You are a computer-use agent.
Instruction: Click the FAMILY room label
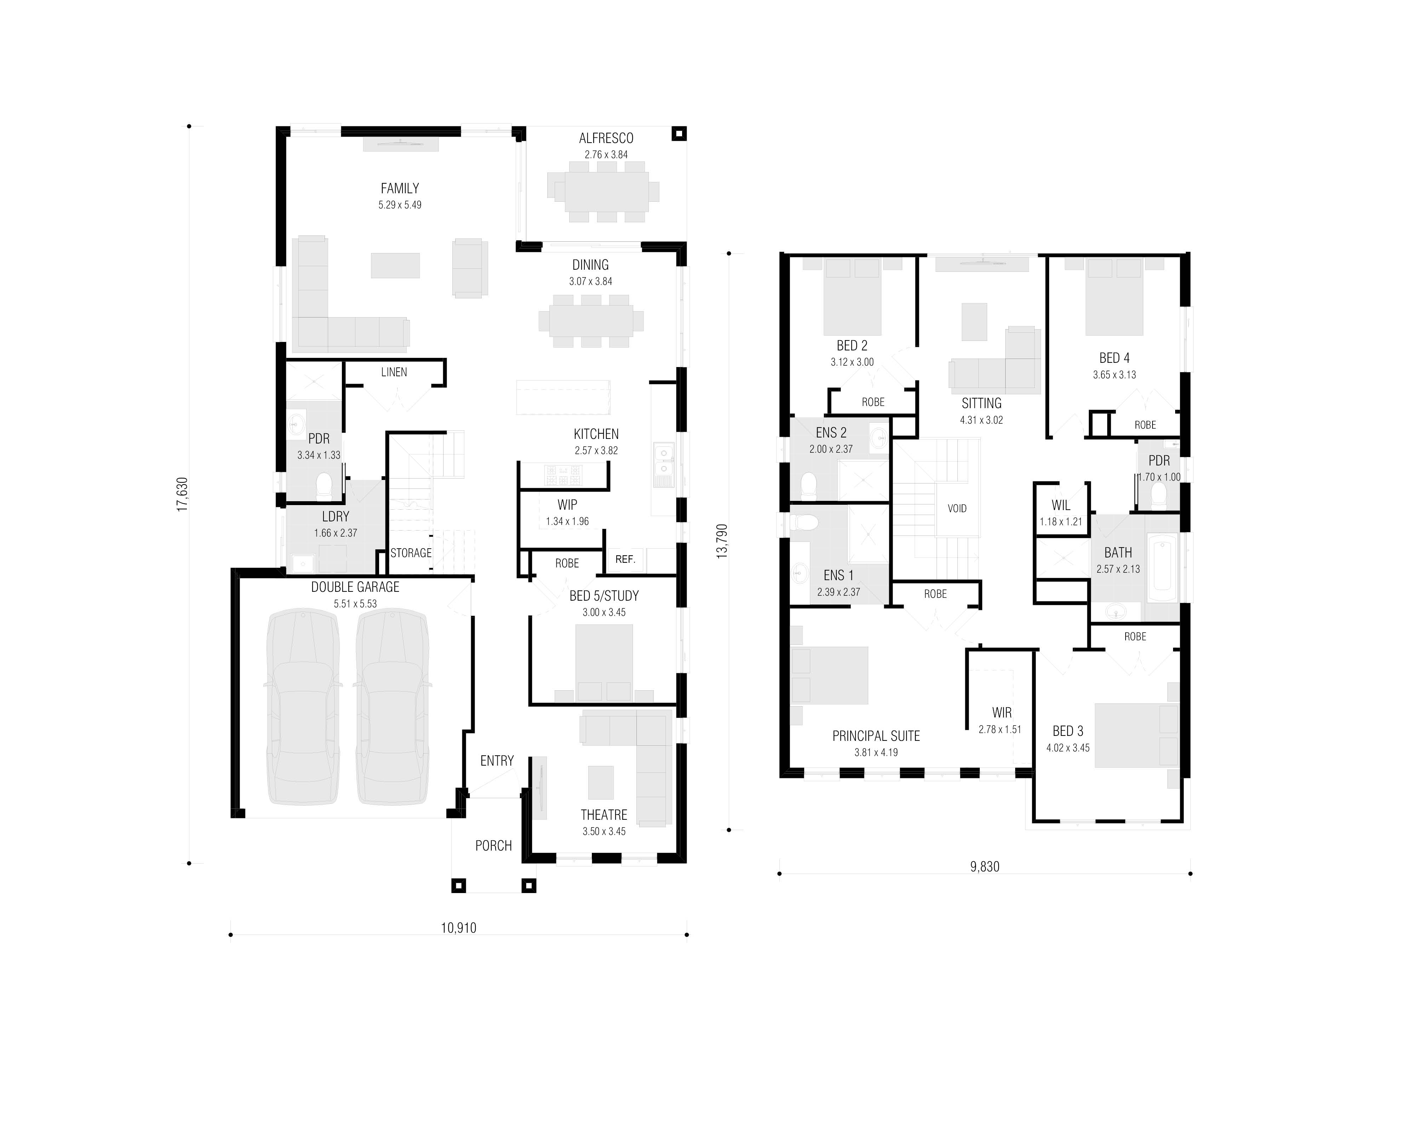tap(400, 188)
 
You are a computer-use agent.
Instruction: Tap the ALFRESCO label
tap(606, 138)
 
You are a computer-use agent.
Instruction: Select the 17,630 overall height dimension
tap(183, 494)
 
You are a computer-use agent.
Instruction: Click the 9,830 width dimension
tap(984, 866)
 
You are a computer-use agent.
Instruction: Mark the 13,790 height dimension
tap(722, 541)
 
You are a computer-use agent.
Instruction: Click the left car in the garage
tap(303, 707)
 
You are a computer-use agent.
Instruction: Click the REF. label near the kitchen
tap(625, 560)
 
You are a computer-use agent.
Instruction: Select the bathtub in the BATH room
tap(1161, 568)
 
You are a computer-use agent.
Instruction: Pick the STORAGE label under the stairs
tap(411, 553)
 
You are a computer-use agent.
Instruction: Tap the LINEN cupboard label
tap(394, 372)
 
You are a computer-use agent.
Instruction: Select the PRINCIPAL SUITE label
tap(876, 736)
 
